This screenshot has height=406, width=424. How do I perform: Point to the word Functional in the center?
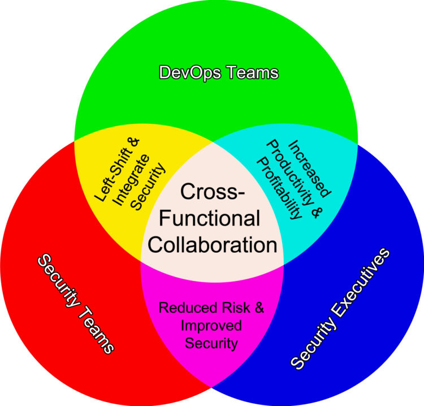point(213,218)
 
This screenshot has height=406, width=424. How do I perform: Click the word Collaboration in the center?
point(213,244)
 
